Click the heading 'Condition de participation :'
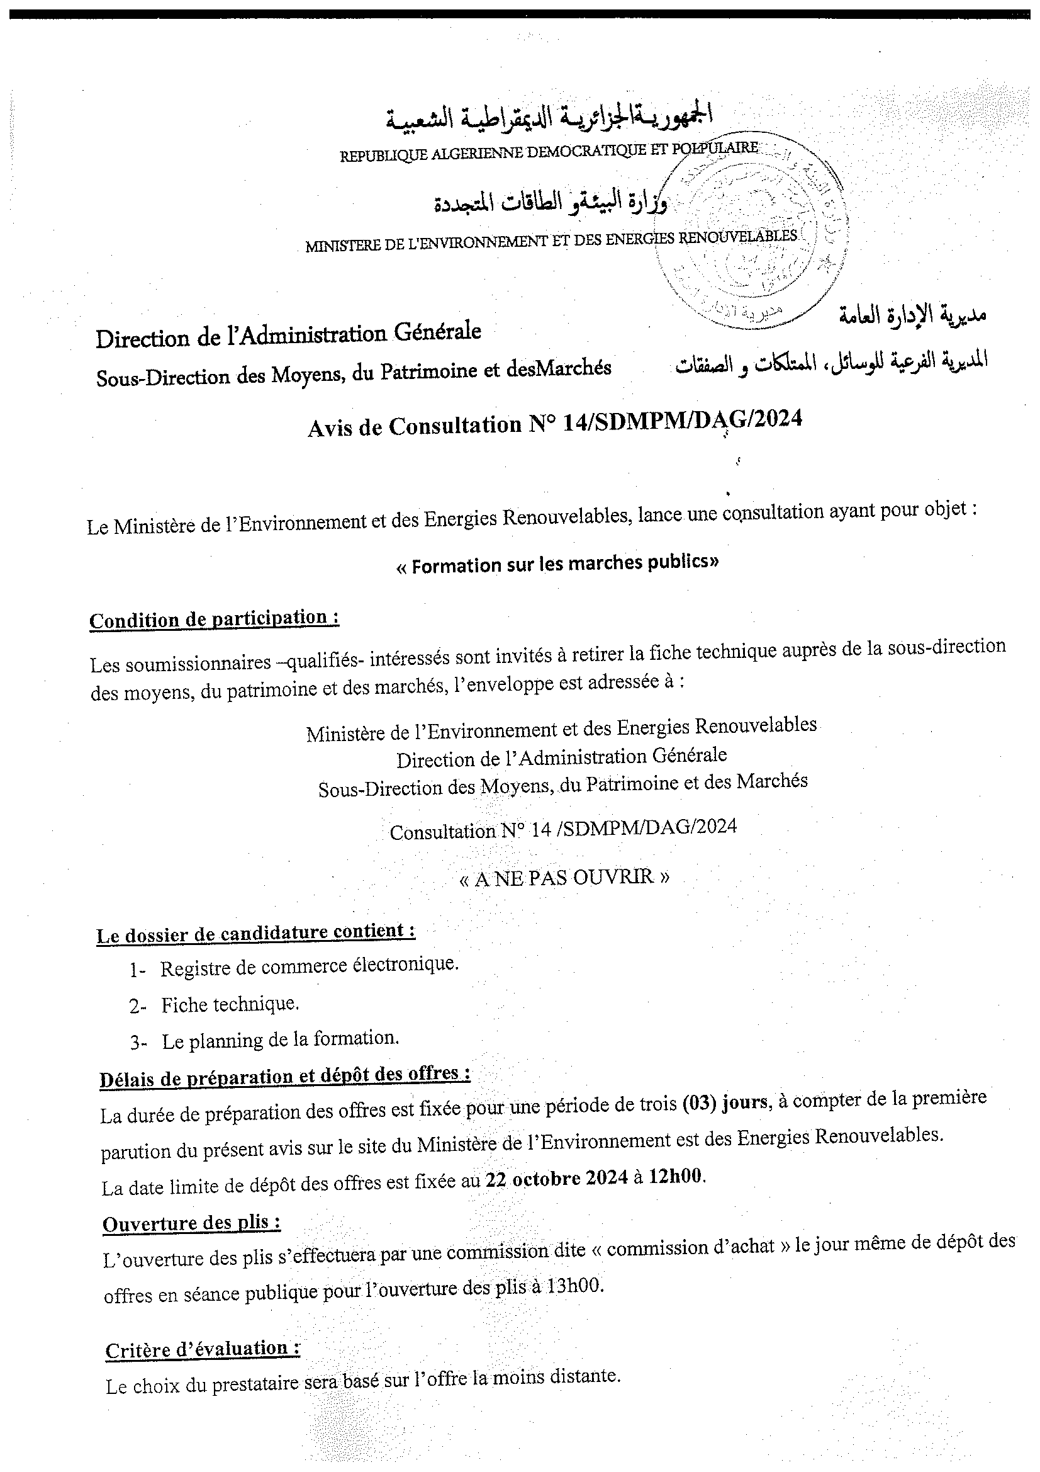[x=214, y=620]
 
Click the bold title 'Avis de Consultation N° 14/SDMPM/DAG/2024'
[x=554, y=422]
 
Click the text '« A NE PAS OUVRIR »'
[x=564, y=877]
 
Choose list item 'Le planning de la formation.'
[x=280, y=1039]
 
